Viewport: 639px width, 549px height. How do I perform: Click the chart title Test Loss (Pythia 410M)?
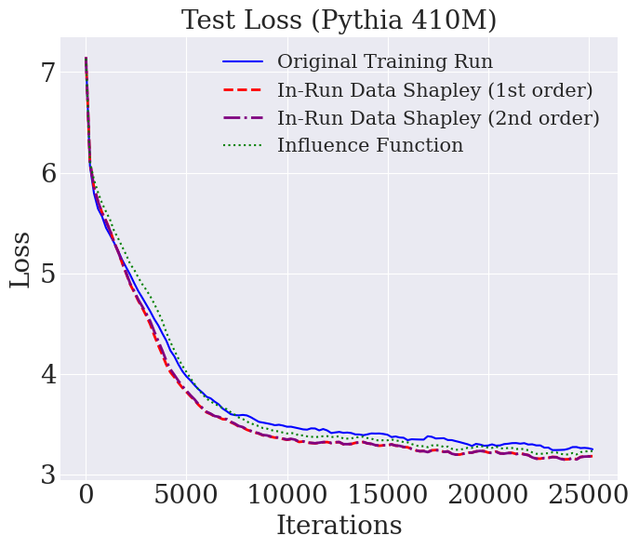(339, 20)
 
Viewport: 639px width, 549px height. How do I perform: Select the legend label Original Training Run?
(385, 62)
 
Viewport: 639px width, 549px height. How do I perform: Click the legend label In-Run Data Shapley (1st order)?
(434, 90)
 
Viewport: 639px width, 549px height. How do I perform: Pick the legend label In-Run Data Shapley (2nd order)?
(438, 118)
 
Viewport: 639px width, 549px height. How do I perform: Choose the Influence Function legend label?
(370, 146)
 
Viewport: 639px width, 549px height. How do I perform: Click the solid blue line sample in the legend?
(243, 62)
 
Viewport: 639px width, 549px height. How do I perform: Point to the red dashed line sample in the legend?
(243, 90)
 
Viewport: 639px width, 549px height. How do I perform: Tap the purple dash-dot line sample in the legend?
(243, 118)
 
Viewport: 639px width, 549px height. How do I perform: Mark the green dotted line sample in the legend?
(243, 146)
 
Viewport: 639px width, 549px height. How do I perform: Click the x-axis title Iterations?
(339, 526)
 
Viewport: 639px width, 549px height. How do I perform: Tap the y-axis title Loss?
(20, 260)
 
